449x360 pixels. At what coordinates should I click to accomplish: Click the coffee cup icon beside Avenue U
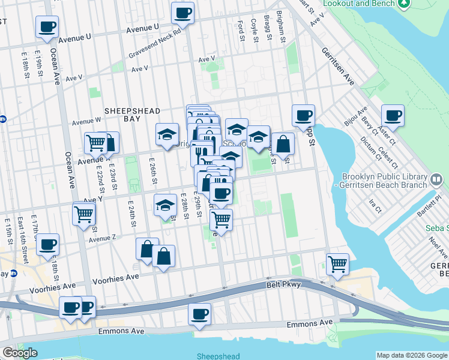tap(47, 27)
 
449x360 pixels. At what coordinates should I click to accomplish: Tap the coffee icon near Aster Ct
tap(393, 116)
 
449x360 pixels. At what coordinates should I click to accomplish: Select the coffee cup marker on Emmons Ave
tap(199, 313)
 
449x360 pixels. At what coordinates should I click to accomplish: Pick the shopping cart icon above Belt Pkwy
tap(338, 264)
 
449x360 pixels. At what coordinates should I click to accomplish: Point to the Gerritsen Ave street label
tap(337, 66)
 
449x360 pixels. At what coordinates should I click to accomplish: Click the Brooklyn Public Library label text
tap(384, 177)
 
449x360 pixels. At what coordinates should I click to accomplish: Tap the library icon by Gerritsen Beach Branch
tap(437, 178)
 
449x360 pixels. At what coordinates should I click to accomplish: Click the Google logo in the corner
tap(20, 353)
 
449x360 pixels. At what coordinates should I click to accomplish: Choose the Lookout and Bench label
tap(358, 4)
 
